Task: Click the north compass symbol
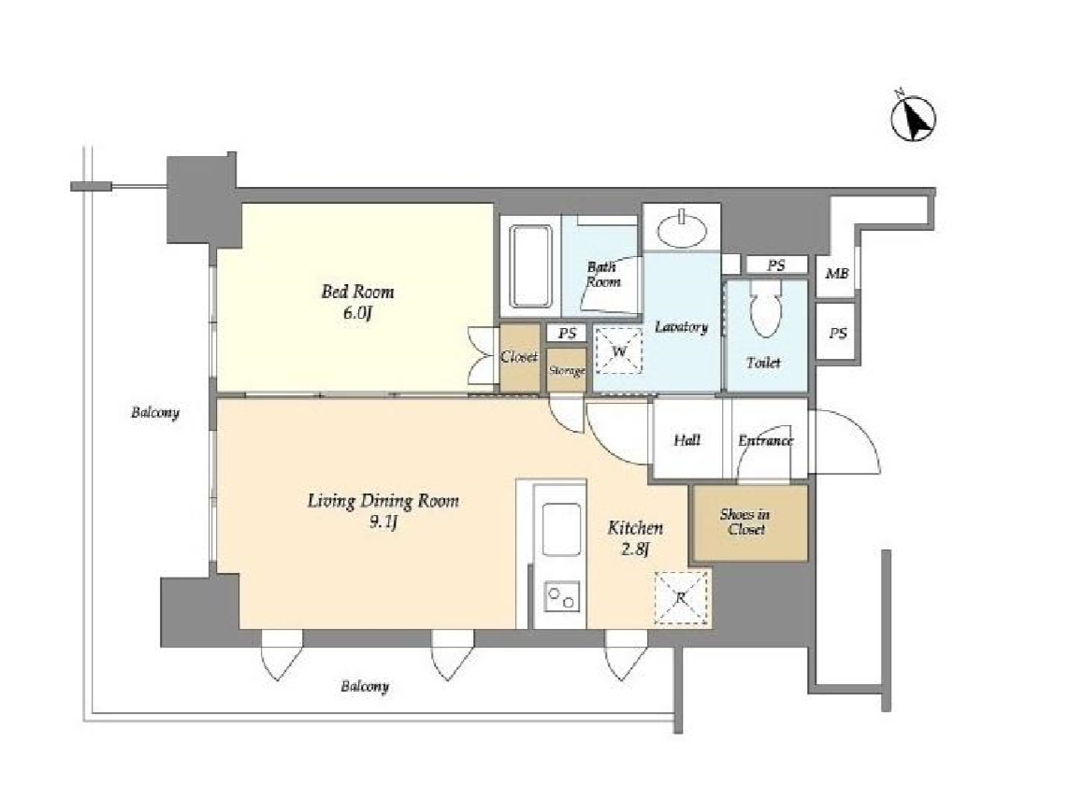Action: pyautogui.click(x=914, y=117)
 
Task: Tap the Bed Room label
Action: pyautogui.click(x=357, y=293)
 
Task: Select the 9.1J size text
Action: pyautogui.click(x=382, y=523)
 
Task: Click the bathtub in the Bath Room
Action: pyautogui.click(x=530, y=267)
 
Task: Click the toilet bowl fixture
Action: pyautogui.click(x=766, y=309)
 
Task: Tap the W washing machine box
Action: pyautogui.click(x=618, y=350)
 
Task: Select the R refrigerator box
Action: pyautogui.click(x=681, y=598)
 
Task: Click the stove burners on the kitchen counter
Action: pyautogui.click(x=562, y=597)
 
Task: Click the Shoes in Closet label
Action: pyautogui.click(x=745, y=522)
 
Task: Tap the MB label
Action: pyautogui.click(x=837, y=274)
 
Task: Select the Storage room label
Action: pyautogui.click(x=567, y=370)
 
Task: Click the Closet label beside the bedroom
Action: pyautogui.click(x=519, y=357)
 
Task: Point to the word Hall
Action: pyautogui.click(x=686, y=440)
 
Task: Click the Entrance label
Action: pyautogui.click(x=766, y=440)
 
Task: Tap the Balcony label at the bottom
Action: pyautogui.click(x=365, y=686)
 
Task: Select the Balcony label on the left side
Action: pyautogui.click(x=155, y=412)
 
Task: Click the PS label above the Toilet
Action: pyautogui.click(x=776, y=264)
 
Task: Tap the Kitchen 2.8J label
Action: pyautogui.click(x=635, y=538)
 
